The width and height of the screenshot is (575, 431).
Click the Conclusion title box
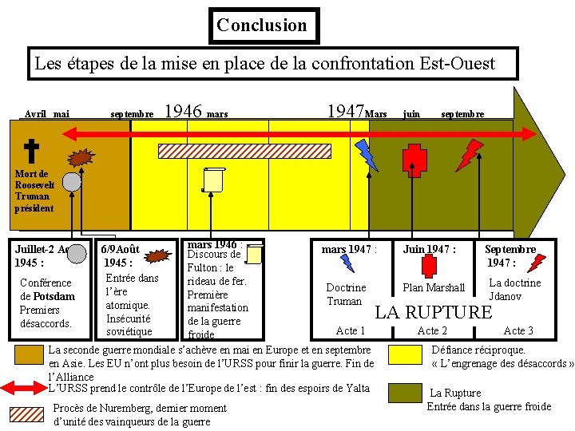pos(262,26)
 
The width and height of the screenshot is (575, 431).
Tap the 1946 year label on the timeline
pos(183,111)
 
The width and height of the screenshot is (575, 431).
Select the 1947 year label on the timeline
pos(345,111)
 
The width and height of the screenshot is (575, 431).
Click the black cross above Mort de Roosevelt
pos(31,149)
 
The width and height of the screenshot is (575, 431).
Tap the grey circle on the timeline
pos(72,182)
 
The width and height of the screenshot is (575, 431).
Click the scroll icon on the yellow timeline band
pos(213,180)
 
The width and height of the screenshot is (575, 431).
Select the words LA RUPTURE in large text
pos(434,312)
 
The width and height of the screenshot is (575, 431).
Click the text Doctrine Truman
pos(346,295)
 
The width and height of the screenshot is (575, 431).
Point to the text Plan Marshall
pos(434,287)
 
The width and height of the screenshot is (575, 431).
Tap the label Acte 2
pos(432,330)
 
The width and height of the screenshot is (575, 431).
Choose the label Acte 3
pos(518,330)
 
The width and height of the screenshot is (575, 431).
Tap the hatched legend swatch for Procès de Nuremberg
pos(28,414)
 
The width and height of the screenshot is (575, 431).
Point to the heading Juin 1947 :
pos(430,250)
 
